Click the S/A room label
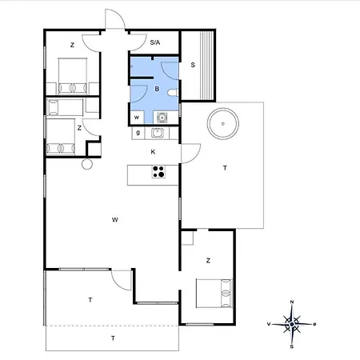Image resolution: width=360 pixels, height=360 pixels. (155, 42)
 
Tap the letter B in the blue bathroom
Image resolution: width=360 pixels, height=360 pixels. (157, 89)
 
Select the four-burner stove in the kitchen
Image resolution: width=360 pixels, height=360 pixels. (158, 172)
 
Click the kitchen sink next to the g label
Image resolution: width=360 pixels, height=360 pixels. (158, 133)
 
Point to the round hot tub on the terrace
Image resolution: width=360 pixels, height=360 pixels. (223, 124)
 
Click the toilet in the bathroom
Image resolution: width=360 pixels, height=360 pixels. (173, 93)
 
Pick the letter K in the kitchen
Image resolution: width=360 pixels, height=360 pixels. (153, 152)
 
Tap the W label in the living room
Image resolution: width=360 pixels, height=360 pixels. (115, 220)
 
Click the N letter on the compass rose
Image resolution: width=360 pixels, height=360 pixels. (292, 302)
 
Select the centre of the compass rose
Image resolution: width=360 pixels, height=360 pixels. (292, 324)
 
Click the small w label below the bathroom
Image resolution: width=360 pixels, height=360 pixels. (137, 118)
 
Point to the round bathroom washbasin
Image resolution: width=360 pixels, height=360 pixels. (162, 118)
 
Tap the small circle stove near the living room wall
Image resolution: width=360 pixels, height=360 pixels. (87, 164)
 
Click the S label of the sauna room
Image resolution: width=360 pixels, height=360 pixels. (193, 65)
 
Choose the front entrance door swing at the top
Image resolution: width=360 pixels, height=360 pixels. (115, 18)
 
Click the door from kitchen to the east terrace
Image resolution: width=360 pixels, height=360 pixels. (190, 154)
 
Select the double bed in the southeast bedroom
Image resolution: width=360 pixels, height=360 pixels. (214, 294)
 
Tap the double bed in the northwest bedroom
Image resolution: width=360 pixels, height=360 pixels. (73, 76)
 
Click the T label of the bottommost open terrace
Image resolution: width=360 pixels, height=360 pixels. (113, 338)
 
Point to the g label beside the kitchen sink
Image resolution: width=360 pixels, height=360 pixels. (138, 133)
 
